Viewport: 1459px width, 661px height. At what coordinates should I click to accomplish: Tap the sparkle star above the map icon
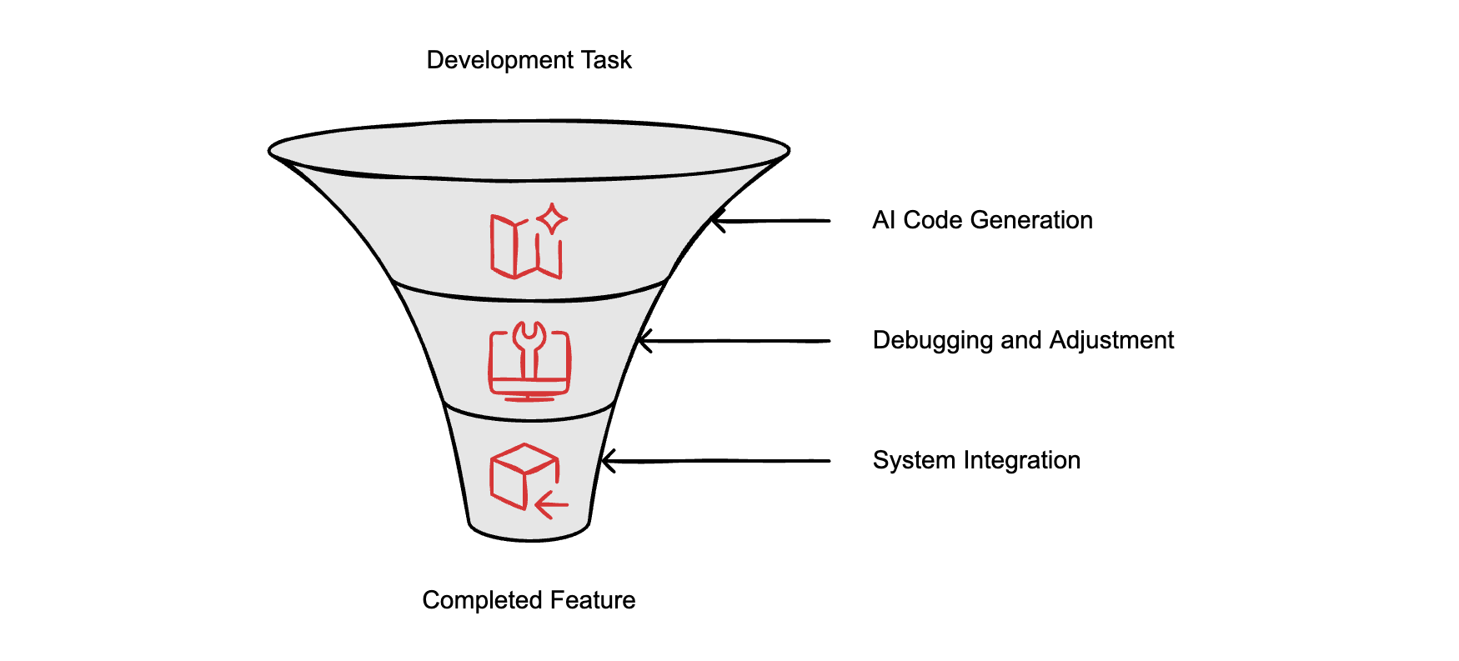tap(552, 219)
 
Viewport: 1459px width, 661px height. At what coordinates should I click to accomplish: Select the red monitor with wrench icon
tap(529, 363)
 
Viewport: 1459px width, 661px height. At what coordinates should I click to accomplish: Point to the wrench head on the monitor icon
tap(529, 336)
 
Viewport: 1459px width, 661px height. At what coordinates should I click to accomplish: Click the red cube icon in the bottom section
tap(523, 475)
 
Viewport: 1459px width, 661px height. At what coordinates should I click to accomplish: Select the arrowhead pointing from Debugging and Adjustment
tap(642, 341)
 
